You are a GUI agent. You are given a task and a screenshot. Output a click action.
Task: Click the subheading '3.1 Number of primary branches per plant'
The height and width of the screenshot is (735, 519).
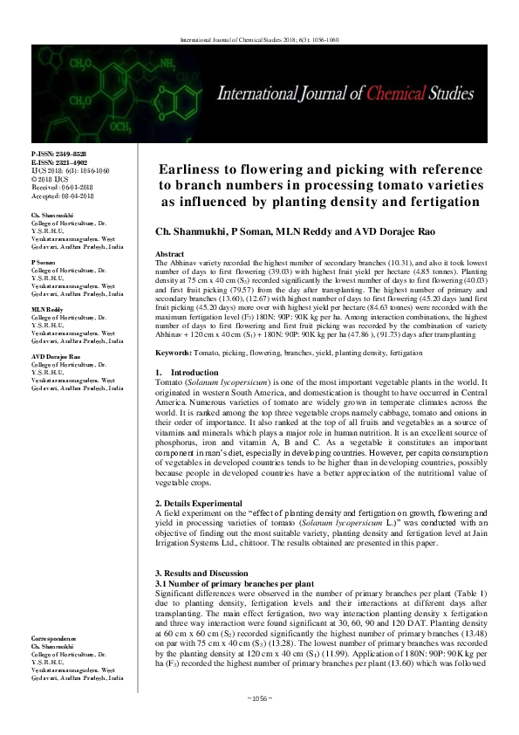pyautogui.click(x=222, y=580)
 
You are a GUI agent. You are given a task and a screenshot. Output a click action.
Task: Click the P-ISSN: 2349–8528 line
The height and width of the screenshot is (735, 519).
pyautogui.click(x=58, y=153)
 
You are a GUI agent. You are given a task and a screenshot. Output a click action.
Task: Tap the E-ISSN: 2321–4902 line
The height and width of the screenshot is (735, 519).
pyautogui.click(x=58, y=161)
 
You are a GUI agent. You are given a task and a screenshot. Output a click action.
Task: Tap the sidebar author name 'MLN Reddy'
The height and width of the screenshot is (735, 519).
pyautogui.click(x=48, y=309)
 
